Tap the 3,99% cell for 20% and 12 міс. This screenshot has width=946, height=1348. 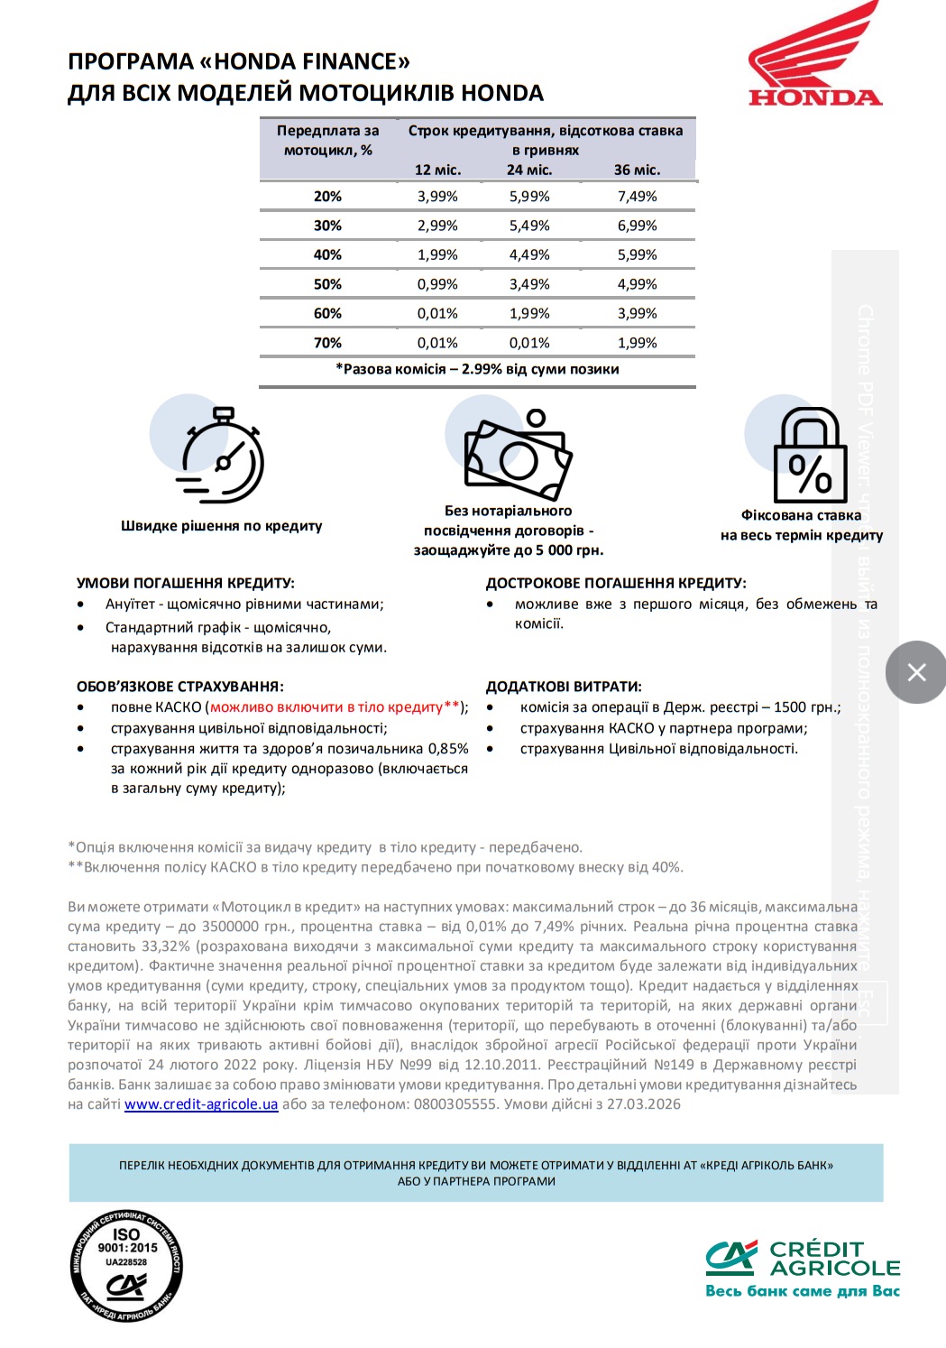(x=437, y=197)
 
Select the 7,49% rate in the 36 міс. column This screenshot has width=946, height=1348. (x=637, y=197)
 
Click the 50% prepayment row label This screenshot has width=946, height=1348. (x=327, y=284)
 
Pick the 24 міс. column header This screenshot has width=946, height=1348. (x=529, y=170)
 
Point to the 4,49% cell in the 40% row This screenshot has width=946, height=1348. (x=529, y=255)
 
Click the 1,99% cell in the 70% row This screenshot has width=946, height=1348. (x=637, y=343)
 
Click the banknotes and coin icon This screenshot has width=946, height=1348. (x=518, y=455)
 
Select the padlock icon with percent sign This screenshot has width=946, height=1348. (x=810, y=456)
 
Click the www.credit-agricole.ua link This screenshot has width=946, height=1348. (x=201, y=1104)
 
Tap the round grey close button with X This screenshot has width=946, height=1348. (x=915, y=672)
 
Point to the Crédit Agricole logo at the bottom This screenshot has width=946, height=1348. (x=803, y=1268)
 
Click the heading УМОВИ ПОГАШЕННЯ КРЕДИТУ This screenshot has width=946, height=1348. (x=186, y=584)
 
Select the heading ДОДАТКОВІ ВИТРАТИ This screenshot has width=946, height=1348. (x=564, y=687)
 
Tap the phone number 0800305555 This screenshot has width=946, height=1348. (x=455, y=1104)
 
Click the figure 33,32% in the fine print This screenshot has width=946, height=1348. (x=164, y=946)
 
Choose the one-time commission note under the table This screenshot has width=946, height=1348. (x=477, y=369)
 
